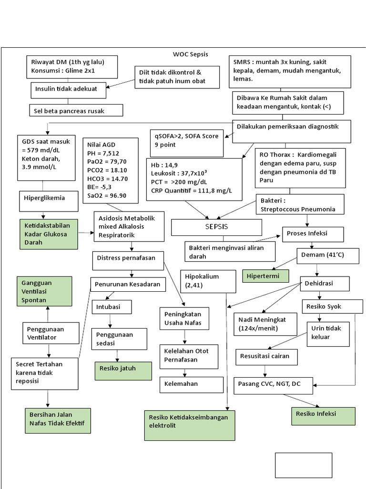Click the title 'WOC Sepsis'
[x=190, y=54]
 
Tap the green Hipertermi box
[x=266, y=276]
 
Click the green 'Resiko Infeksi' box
[x=323, y=415]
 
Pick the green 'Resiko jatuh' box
[x=123, y=371]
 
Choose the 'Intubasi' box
[x=112, y=306]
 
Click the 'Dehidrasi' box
[x=324, y=284]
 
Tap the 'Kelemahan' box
[x=191, y=384]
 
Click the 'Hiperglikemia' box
[x=48, y=198]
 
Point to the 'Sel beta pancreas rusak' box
[x=76, y=110]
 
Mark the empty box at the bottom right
[x=303, y=465]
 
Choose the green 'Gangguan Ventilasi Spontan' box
[x=44, y=291]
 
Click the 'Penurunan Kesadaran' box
[x=128, y=285]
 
